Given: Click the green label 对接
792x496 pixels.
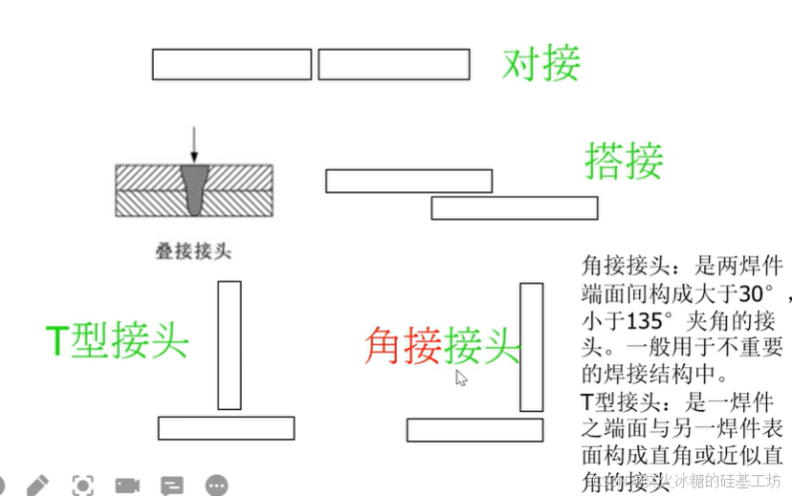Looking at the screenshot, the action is (541, 64).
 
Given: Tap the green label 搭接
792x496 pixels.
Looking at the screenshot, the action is (624, 161).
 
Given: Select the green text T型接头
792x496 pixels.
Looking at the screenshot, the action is (118, 340).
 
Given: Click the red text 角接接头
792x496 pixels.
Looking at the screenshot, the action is (441, 345).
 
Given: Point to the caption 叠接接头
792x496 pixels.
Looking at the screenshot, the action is (193, 251).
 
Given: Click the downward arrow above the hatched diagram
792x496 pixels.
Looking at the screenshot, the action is (194, 142).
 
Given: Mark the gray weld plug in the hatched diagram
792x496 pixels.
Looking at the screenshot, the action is (194, 188).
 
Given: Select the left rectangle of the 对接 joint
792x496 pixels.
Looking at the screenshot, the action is (231, 64).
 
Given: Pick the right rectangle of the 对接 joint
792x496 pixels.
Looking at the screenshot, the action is (393, 64).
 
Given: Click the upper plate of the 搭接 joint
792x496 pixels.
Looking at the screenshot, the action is (408, 181).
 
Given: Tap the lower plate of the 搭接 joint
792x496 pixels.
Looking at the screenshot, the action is (514, 207).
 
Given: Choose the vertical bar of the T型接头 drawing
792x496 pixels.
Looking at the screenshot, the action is (230, 345).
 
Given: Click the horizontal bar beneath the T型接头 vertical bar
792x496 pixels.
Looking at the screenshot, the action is (226, 428).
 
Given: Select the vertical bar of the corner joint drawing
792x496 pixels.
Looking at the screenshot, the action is (532, 347).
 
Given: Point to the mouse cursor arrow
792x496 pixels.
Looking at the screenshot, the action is (461, 377).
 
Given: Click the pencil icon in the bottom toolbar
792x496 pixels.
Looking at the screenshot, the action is (38, 485).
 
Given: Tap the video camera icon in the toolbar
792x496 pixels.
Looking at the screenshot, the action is (127, 485).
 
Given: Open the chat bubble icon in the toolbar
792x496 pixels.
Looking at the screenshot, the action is (172, 485).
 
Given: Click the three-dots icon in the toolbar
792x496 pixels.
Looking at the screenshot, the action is (216, 485).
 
